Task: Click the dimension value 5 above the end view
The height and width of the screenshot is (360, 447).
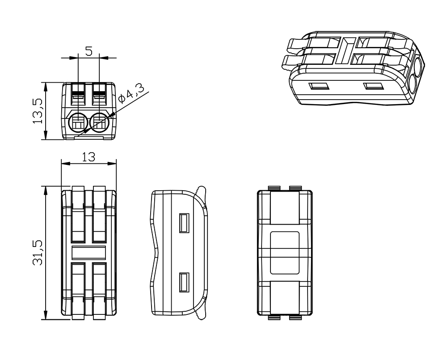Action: click(89, 51)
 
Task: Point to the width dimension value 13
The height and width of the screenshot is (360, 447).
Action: click(89, 157)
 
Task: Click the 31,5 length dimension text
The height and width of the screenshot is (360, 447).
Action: click(38, 253)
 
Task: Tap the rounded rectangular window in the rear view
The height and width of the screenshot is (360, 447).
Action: click(285, 252)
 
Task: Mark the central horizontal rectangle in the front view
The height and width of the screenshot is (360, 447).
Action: click(89, 252)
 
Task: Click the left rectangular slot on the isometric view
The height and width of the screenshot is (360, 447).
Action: click(319, 85)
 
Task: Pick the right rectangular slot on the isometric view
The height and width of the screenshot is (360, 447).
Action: click(373, 86)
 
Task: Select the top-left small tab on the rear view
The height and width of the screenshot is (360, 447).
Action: click(274, 188)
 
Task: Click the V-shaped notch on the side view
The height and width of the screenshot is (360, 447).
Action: click(155, 253)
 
